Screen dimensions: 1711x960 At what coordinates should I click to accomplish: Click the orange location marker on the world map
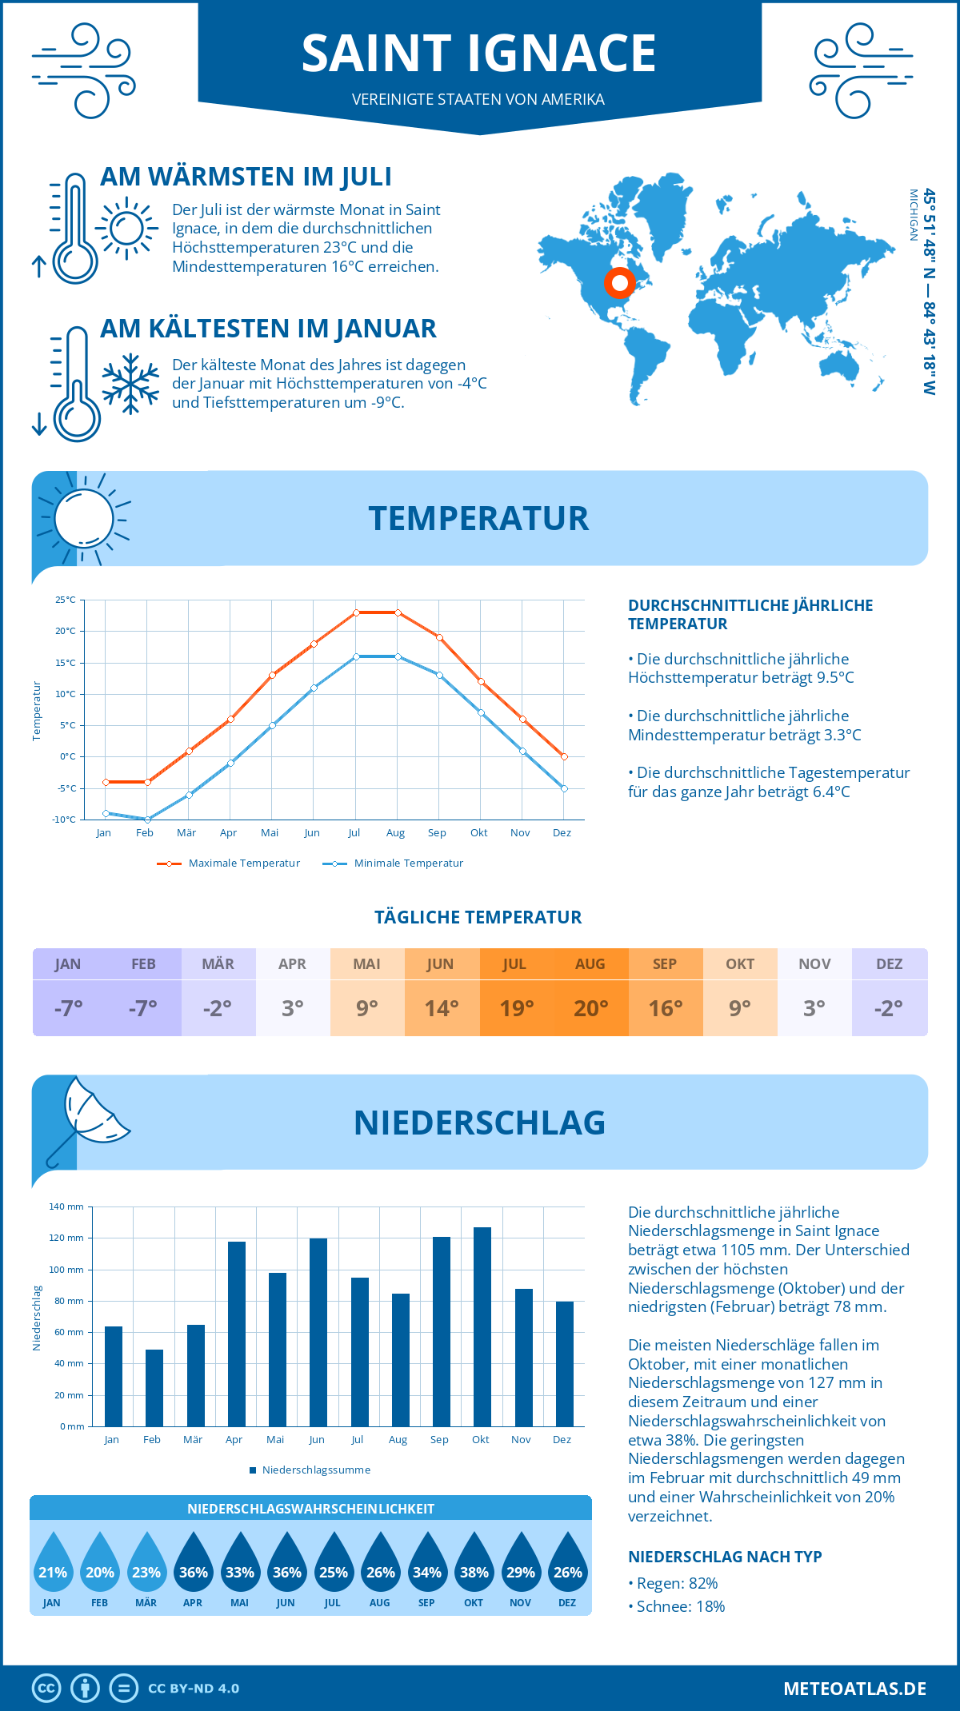619,282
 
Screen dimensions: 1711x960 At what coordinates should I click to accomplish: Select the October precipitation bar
482,1326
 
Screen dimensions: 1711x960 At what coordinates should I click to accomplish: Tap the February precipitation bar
154,1388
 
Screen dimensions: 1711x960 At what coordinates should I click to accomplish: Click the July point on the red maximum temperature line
356,612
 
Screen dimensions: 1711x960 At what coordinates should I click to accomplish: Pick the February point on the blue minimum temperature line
147,820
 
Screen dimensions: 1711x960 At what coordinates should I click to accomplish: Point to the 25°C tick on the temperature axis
66,600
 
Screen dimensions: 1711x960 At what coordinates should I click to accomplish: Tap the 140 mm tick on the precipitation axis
67,1206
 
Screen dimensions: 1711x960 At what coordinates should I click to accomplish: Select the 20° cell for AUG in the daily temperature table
590,1008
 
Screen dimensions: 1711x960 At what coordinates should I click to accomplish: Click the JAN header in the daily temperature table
68,963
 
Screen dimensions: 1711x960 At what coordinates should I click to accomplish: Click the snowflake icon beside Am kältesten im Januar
130,383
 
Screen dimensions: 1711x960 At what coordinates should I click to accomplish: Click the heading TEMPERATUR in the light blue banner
478,518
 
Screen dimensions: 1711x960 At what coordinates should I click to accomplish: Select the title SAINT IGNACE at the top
478,54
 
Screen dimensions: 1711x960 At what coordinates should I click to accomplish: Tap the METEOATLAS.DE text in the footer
854,1689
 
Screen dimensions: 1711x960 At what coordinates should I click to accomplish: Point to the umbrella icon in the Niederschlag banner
88,1115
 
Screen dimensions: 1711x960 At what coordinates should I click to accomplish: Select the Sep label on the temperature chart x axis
437,833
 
